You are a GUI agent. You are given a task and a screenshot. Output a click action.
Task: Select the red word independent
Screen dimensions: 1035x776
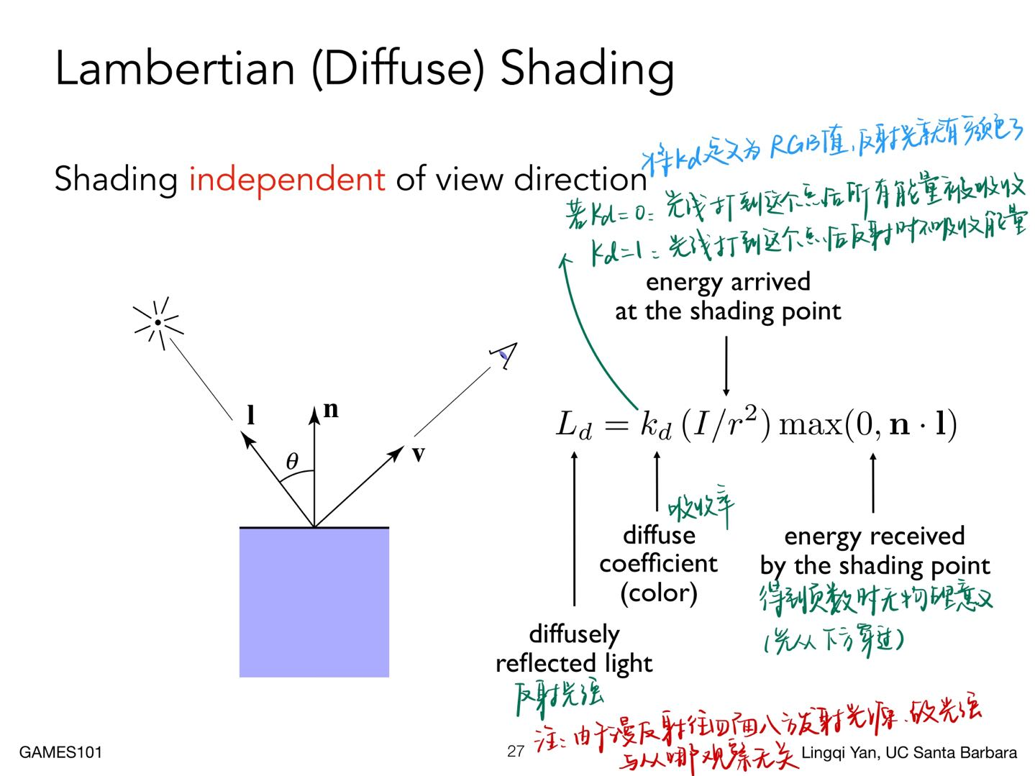point(286,179)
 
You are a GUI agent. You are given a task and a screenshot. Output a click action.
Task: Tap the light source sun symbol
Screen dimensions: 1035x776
point(158,323)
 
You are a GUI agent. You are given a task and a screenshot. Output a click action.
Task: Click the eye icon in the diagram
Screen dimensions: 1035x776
point(505,354)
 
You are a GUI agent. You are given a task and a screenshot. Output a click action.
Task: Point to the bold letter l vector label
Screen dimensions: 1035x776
point(250,415)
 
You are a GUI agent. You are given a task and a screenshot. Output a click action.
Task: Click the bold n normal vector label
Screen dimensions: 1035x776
point(331,409)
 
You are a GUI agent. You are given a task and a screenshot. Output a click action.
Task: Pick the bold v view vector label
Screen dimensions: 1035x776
point(418,454)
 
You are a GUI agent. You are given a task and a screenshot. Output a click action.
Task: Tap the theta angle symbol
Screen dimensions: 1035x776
point(291,461)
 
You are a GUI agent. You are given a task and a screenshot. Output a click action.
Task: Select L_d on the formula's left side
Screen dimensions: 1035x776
point(574,424)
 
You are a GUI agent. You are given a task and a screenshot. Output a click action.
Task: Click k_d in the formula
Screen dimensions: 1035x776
point(655,424)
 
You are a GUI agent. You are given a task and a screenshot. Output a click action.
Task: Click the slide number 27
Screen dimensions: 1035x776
point(515,752)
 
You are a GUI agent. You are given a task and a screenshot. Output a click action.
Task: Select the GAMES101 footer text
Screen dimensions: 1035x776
point(60,752)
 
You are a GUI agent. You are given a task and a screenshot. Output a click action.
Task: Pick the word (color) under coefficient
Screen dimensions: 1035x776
point(658,593)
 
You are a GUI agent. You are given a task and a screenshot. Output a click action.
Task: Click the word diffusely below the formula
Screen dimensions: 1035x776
point(574,634)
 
